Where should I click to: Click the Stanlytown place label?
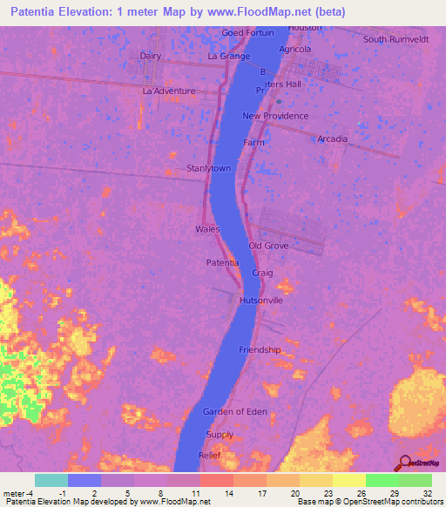click(208, 168)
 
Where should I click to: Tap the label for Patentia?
click(222, 262)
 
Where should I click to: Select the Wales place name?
click(206, 229)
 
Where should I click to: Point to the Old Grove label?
click(268, 246)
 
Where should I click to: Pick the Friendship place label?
click(260, 349)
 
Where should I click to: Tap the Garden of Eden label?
click(235, 411)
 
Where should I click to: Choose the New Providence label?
click(275, 116)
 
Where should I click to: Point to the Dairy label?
click(151, 56)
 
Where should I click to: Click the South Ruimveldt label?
click(396, 39)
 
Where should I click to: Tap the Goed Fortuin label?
click(247, 33)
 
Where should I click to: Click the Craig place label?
click(262, 273)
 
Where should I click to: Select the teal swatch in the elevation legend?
click(51, 480)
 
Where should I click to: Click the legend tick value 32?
click(427, 493)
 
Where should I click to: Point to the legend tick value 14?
click(228, 493)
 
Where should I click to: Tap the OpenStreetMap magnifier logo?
click(404, 463)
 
